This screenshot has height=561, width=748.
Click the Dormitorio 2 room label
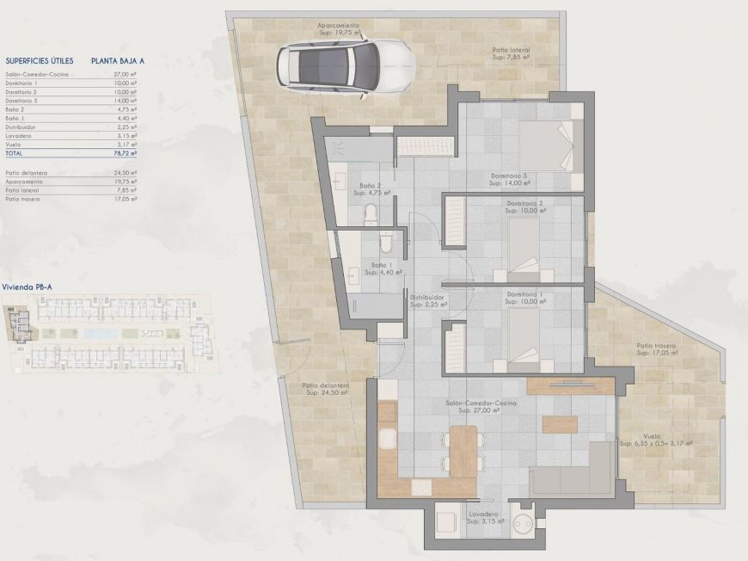click(x=524, y=203)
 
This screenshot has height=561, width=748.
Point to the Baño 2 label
click(x=371, y=186)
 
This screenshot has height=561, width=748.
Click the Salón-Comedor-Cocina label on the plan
click(x=481, y=403)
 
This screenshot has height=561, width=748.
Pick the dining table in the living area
click(x=463, y=450)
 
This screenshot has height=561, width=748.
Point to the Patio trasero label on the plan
click(x=656, y=345)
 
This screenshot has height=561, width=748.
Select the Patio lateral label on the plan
click(x=511, y=51)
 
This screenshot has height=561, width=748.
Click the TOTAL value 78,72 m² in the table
click(x=127, y=153)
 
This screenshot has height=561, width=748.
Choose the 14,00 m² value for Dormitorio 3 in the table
click(x=127, y=102)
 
